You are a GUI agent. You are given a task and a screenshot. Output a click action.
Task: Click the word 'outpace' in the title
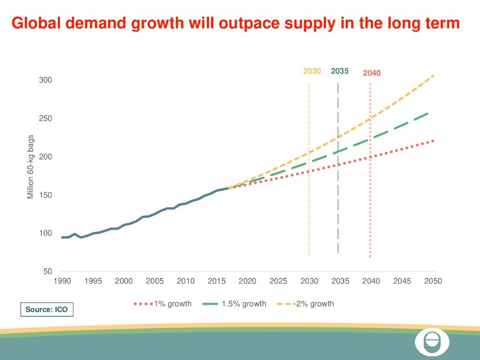coord(242,23)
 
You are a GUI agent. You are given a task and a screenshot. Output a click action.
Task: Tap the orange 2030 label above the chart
coord(312,71)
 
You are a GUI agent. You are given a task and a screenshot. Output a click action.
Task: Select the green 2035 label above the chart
coord(339,71)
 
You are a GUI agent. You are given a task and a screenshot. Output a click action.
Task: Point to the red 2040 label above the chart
coord(372,73)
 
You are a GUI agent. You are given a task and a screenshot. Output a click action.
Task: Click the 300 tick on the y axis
coord(45,80)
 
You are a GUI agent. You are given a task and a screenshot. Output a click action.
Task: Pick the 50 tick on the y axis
coord(48,271)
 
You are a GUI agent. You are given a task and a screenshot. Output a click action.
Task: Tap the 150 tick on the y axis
coord(45,195)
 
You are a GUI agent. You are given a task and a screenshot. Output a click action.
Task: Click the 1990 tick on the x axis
coord(62,281)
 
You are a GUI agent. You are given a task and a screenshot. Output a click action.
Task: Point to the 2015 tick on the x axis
coord(217,281)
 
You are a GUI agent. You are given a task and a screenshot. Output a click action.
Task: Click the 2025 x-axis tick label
coord(278,281)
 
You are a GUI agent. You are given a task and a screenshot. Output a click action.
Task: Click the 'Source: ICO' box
coord(47,310)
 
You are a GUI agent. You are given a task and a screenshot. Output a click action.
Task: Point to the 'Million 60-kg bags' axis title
coord(31,167)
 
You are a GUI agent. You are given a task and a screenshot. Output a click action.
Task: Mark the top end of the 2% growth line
coord(433,75)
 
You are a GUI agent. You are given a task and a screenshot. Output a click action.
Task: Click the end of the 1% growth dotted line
coord(433,141)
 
